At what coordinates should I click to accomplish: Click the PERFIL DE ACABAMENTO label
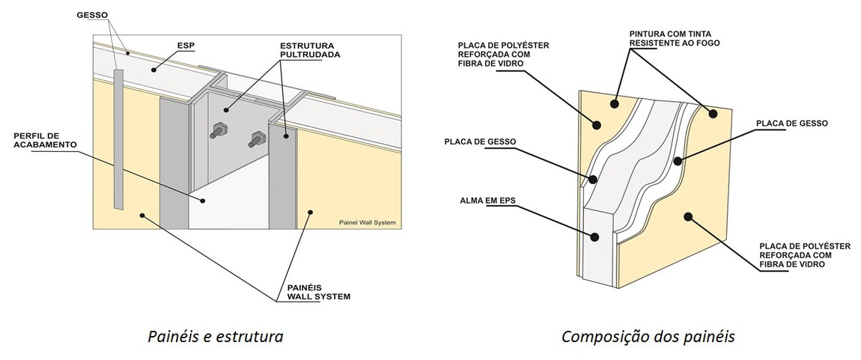pyautogui.click(x=42, y=140)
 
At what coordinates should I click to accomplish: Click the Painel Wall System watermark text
pyautogui.click(x=365, y=222)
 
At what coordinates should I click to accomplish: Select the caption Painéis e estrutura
pyautogui.click(x=214, y=336)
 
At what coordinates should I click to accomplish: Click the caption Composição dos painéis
pyautogui.click(x=648, y=336)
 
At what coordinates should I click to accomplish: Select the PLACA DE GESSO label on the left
pyautogui.click(x=480, y=141)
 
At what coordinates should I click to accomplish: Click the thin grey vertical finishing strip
pyautogui.click(x=118, y=138)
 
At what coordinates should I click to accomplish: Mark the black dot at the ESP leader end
pyautogui.click(x=153, y=68)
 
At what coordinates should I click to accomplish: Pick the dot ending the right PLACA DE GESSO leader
pyautogui.click(x=677, y=160)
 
